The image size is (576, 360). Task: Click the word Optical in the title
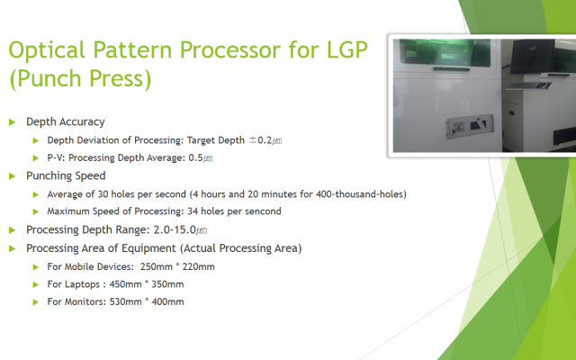click(x=47, y=50)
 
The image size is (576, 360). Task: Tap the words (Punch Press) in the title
click(x=80, y=78)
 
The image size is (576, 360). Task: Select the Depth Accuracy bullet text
click(x=66, y=121)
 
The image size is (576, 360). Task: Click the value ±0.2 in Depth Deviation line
click(x=260, y=140)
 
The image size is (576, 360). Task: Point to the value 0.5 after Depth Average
click(x=196, y=157)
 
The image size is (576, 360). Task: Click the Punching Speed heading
click(x=66, y=175)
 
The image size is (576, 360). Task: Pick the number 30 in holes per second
click(x=103, y=194)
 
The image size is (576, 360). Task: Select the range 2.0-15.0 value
click(x=175, y=229)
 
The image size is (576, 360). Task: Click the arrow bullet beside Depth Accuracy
click(x=12, y=122)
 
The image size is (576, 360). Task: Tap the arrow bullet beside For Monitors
click(x=36, y=302)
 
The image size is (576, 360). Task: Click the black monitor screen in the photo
click(x=532, y=56)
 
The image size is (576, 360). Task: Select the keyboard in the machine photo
click(x=528, y=85)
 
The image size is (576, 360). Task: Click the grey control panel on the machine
click(x=470, y=127)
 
